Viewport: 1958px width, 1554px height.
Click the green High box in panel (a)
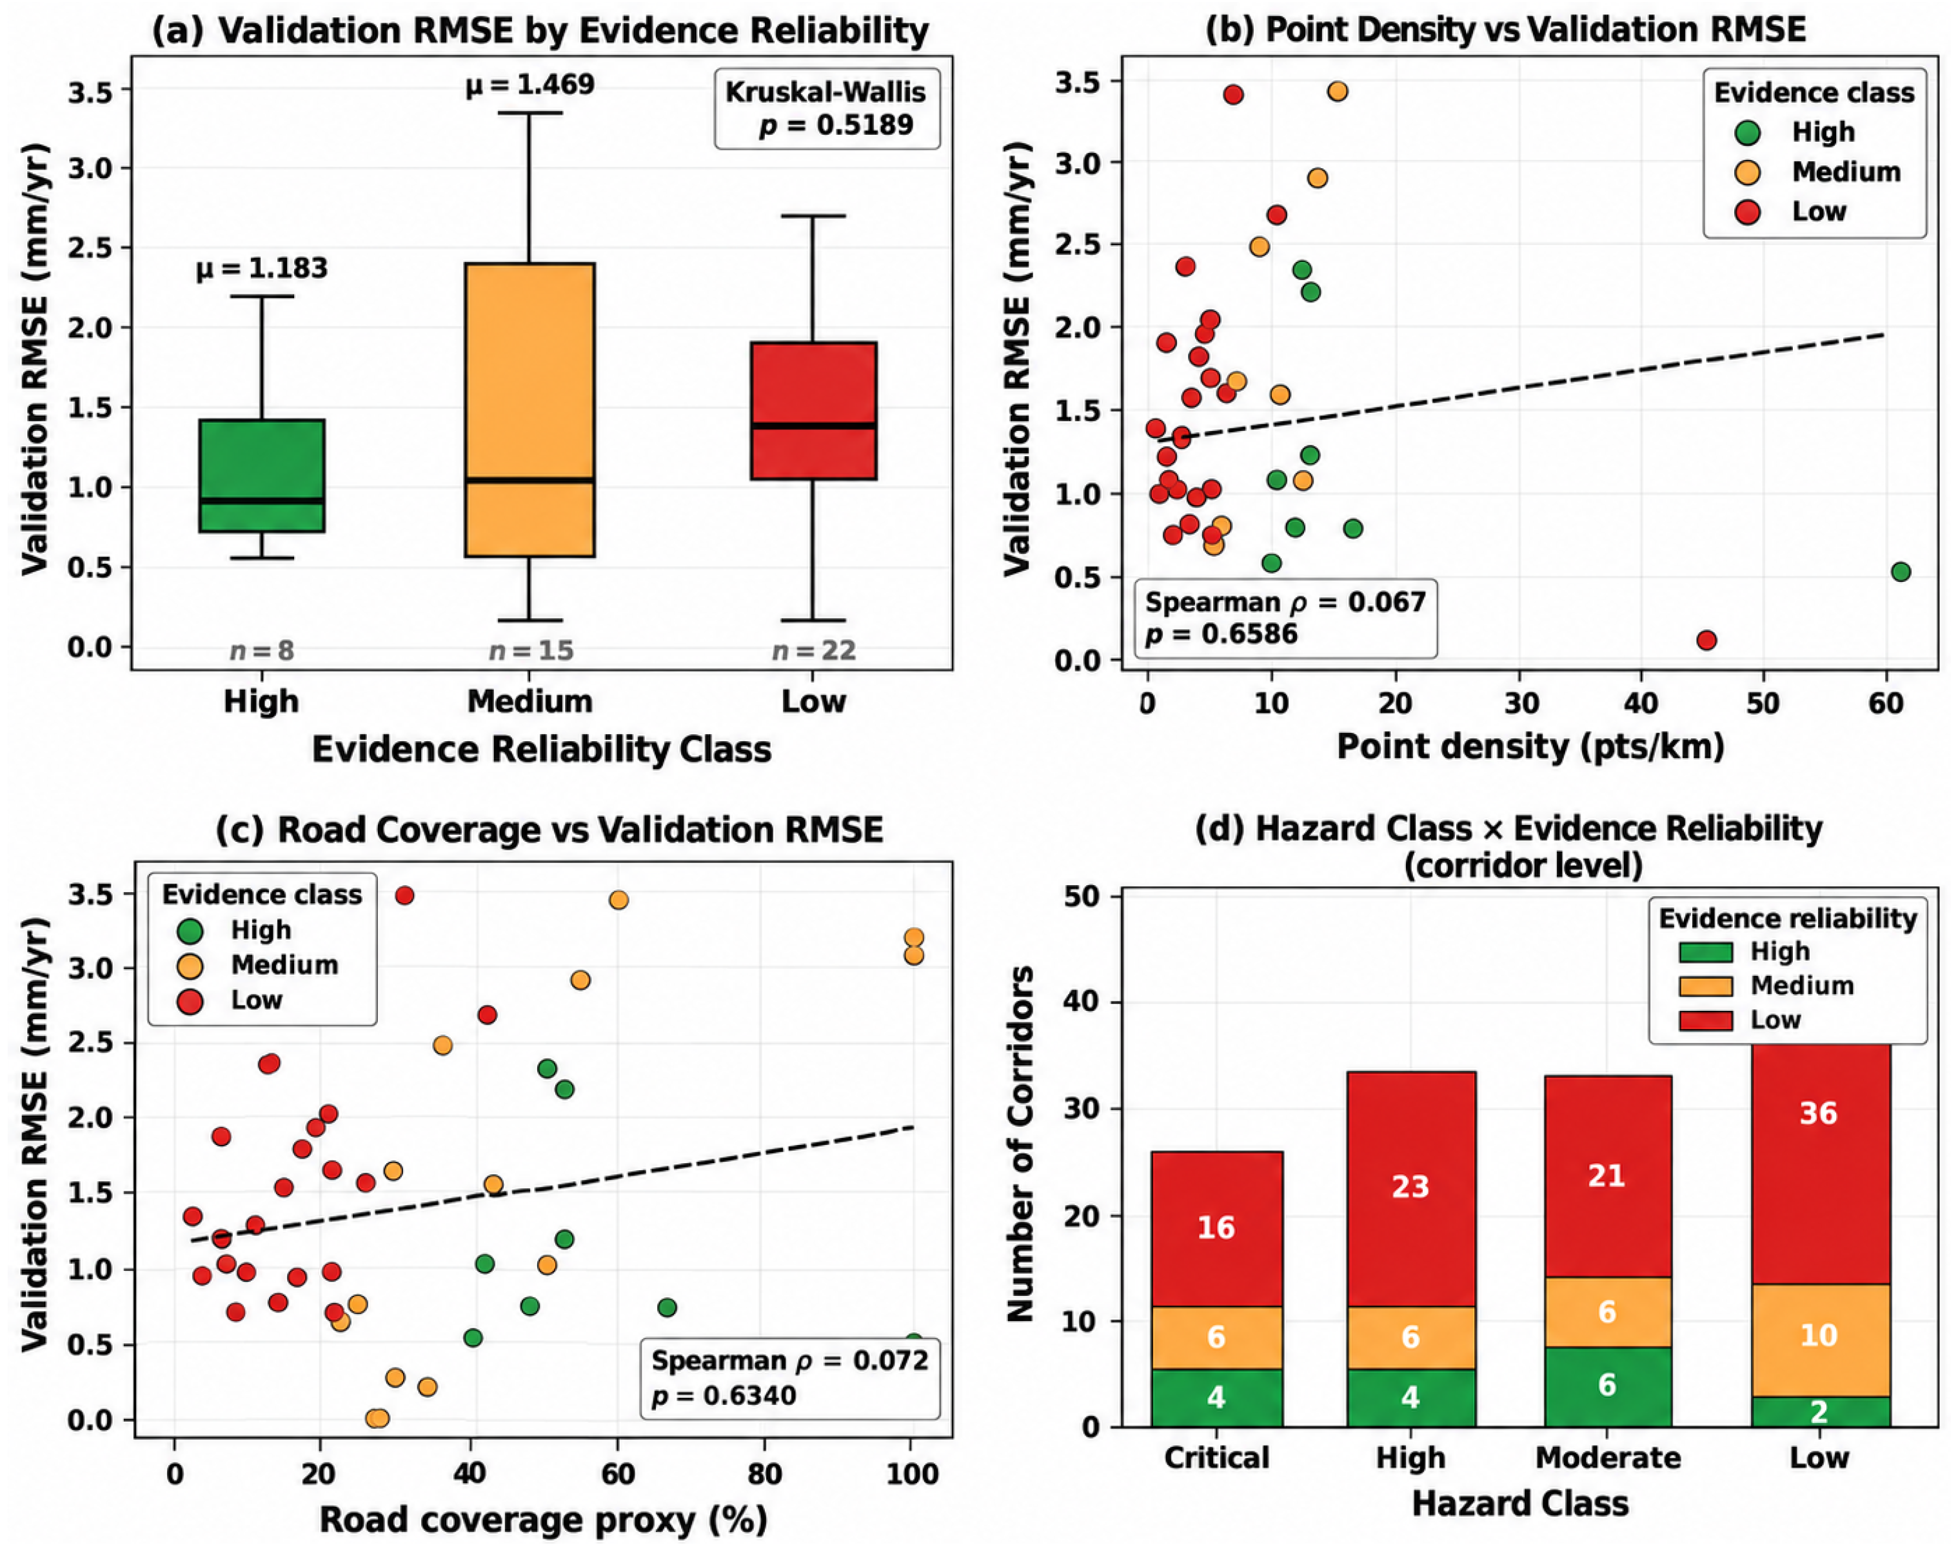(262, 475)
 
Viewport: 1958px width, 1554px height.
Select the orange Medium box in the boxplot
(529, 410)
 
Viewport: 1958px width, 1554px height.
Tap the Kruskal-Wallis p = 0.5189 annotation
(826, 108)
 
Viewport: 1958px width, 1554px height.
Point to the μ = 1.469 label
(530, 85)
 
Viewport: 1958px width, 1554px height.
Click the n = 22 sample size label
(814, 650)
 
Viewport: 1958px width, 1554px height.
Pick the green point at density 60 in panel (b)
(1901, 572)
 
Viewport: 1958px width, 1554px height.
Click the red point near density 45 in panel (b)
(1706, 641)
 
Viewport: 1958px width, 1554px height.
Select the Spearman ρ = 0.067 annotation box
(1286, 617)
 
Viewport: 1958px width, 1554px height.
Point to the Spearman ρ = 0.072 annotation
(790, 1378)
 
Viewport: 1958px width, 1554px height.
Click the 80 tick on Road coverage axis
(765, 1473)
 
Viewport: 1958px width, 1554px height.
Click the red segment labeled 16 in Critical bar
(1217, 1229)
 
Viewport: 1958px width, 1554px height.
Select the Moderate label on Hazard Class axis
(1607, 1458)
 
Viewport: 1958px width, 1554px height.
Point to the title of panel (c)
(549, 829)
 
